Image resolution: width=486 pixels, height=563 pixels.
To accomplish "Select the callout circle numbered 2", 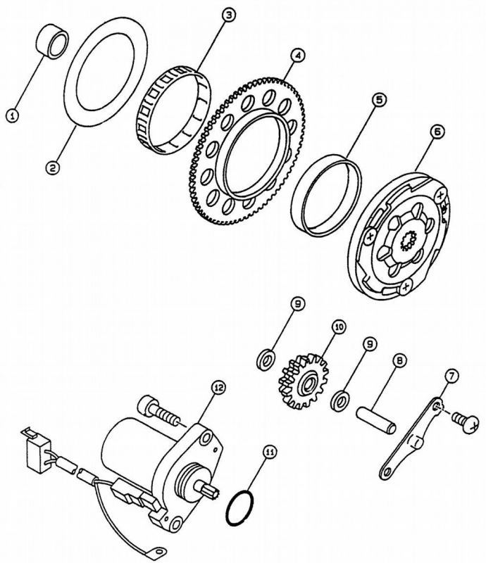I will pyautogui.click(x=51, y=167).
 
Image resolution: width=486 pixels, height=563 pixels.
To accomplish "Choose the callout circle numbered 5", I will pyautogui.click(x=380, y=101).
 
